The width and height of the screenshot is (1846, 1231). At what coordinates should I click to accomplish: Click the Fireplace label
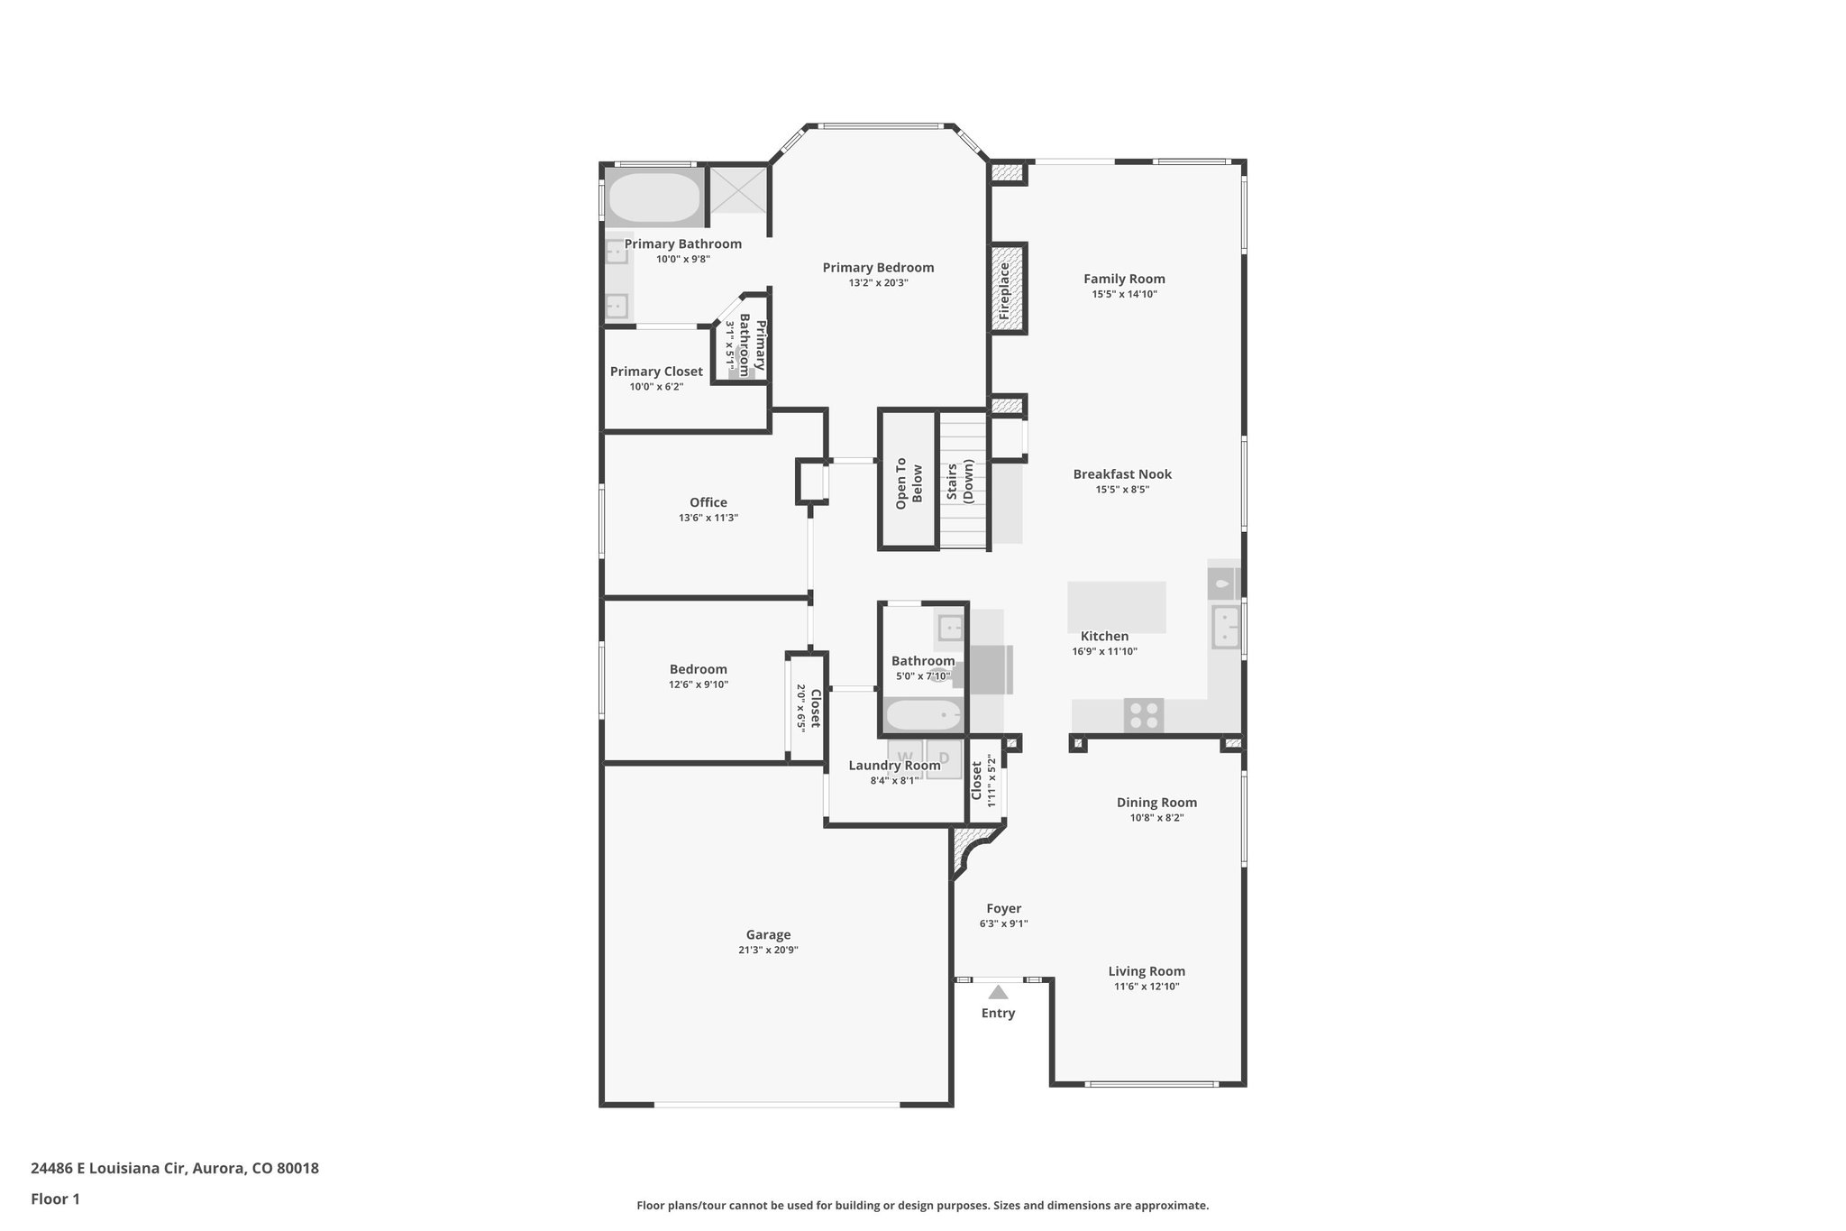(x=1005, y=290)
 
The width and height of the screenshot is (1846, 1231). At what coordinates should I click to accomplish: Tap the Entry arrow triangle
(x=998, y=992)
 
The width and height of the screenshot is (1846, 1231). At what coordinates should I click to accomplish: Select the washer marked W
(x=905, y=758)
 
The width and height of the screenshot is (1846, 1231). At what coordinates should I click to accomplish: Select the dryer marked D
(x=944, y=758)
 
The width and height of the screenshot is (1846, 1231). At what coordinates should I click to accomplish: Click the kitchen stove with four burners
(x=1144, y=715)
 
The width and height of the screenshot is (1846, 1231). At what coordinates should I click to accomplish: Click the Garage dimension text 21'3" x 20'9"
(x=768, y=950)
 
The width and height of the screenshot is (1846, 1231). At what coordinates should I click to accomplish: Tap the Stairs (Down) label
(x=961, y=481)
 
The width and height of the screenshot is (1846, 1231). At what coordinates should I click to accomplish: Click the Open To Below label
(x=909, y=483)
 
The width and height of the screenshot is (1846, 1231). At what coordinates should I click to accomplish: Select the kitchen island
(x=1116, y=607)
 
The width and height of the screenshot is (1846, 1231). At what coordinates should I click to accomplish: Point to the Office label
(x=708, y=502)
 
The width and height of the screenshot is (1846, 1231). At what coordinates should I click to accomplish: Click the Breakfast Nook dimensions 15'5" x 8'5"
(x=1122, y=490)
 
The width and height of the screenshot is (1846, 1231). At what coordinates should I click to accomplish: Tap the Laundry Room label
(x=894, y=766)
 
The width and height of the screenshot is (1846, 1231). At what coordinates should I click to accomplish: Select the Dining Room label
(x=1156, y=803)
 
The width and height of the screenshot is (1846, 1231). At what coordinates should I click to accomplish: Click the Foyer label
(x=1003, y=909)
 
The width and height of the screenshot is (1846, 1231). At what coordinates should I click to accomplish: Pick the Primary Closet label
(x=656, y=372)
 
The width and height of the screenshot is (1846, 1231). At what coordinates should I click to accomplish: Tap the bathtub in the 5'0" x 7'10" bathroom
(x=922, y=717)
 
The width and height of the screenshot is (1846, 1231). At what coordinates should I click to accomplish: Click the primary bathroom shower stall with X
(x=737, y=189)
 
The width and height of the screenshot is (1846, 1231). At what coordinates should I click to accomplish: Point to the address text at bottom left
(x=175, y=1169)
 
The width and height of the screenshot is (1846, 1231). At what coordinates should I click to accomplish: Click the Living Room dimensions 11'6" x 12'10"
(x=1147, y=987)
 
